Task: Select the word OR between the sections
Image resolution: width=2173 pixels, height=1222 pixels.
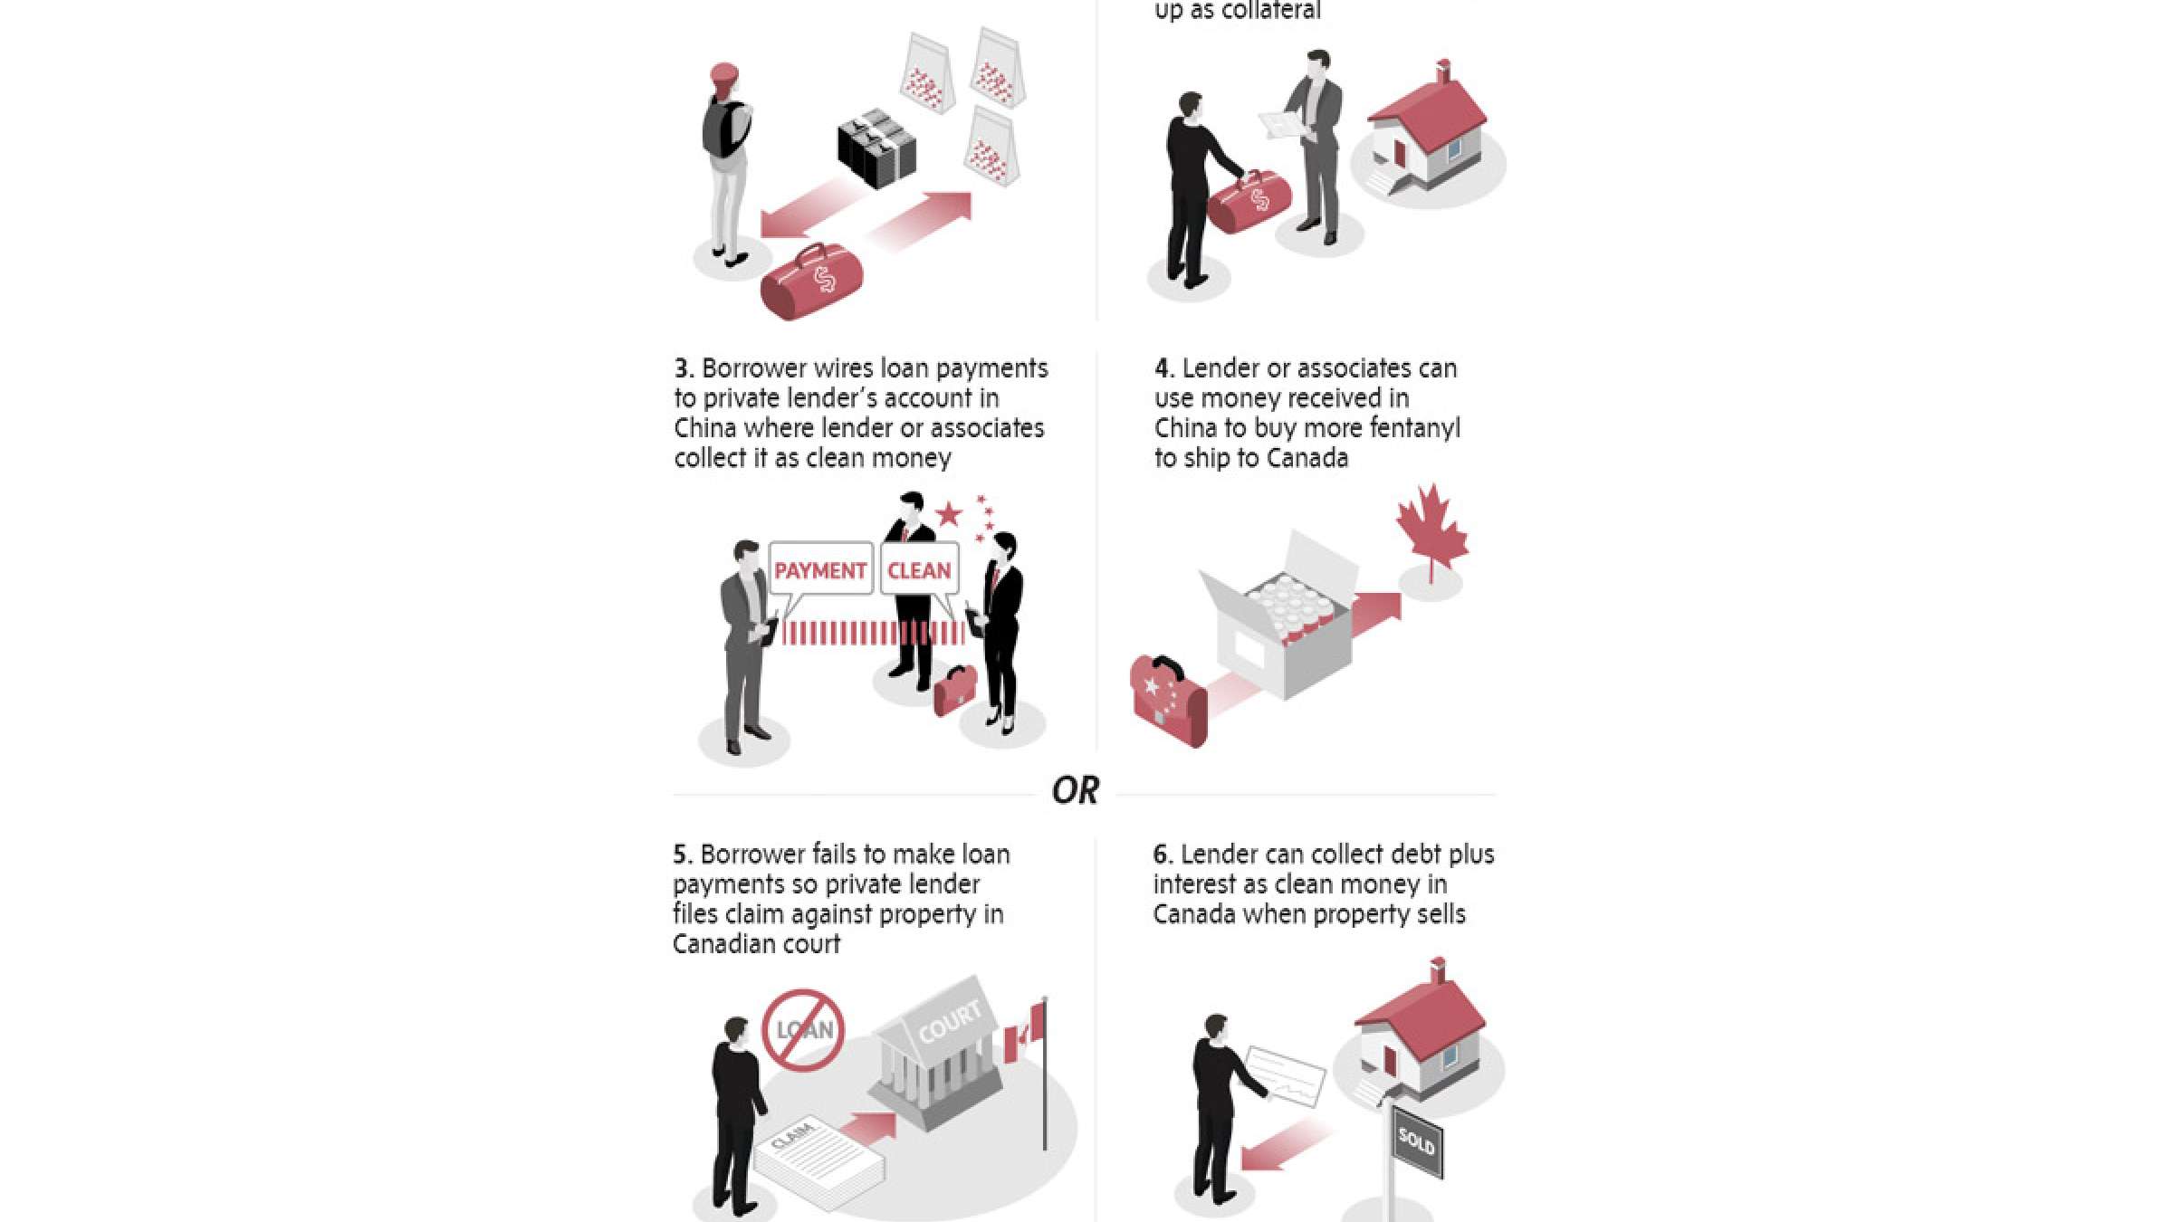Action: click(1076, 791)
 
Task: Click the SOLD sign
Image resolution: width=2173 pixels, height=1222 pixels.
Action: click(1417, 1142)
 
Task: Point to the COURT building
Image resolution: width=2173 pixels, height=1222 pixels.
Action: click(937, 1053)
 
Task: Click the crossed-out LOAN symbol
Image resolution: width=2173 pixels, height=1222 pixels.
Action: click(803, 1030)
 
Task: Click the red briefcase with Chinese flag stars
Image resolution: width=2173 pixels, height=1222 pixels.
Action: click(1168, 700)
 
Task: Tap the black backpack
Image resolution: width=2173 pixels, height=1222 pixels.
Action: click(723, 129)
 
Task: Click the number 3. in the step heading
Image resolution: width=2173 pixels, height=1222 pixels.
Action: click(684, 368)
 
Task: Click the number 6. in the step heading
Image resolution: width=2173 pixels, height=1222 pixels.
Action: click(1163, 854)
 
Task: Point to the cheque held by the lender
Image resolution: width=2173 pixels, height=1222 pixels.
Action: click(1286, 1076)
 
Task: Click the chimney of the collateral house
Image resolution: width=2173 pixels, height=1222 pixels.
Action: click(1443, 71)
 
